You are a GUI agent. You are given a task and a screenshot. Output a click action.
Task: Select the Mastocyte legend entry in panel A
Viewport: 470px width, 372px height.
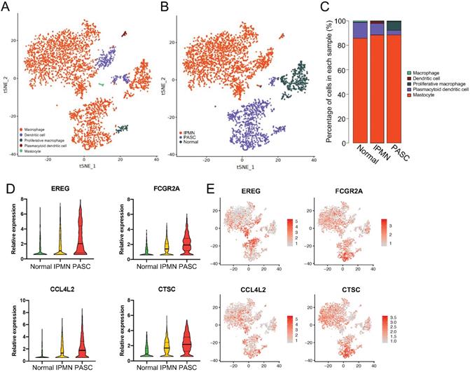pyautogui.click(x=41, y=151)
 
